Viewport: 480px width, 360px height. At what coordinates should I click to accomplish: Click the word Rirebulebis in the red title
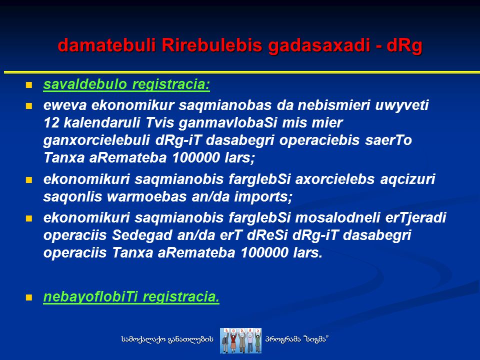coord(212,45)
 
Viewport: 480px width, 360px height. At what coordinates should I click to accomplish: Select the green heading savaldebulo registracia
coord(126,84)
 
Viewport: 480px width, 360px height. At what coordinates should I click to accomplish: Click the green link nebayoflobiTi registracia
coord(131,297)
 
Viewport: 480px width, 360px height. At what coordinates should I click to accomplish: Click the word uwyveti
coord(402,105)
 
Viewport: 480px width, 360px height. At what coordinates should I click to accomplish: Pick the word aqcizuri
coord(407,179)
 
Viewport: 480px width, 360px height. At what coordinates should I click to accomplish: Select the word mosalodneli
coord(337,217)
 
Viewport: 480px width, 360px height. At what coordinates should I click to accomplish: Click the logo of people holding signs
coord(241,340)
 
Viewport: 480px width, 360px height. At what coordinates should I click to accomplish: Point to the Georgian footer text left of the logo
coord(167,339)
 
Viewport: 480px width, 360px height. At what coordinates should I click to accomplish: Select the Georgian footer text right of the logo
coord(297,339)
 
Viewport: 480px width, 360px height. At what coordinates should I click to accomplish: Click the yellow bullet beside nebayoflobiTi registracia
coord(29,297)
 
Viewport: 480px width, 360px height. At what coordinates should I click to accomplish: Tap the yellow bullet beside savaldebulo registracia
coord(29,85)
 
